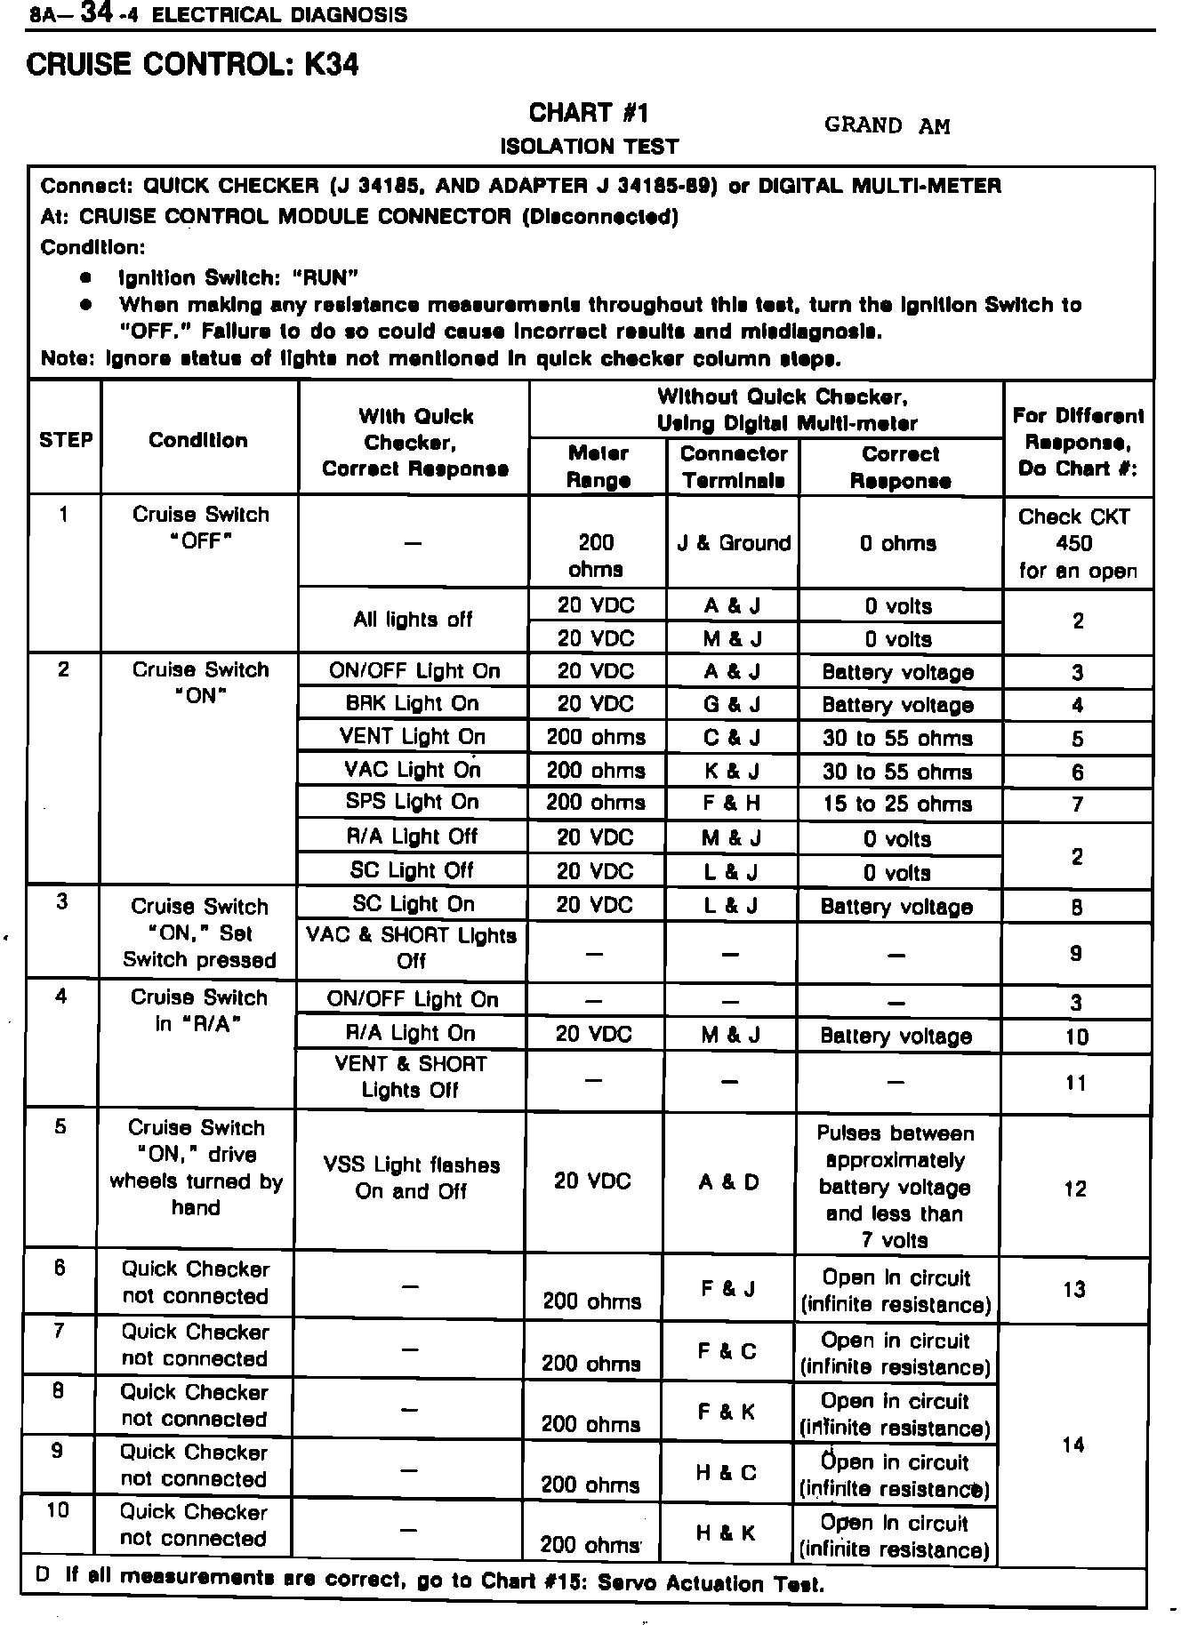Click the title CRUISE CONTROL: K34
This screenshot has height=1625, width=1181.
(193, 65)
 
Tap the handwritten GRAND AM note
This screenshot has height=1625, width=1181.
(887, 125)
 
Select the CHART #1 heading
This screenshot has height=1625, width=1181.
(589, 113)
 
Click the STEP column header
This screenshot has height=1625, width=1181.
(66, 440)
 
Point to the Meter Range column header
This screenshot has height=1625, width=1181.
(599, 467)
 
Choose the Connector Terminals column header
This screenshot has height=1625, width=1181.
(734, 467)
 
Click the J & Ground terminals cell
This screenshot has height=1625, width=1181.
(734, 543)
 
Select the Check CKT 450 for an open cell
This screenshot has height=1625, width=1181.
(1077, 543)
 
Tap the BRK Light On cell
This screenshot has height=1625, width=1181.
(413, 704)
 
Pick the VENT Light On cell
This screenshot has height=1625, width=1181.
(413, 737)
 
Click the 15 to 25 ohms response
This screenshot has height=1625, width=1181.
(897, 804)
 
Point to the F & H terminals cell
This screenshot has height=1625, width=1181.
(732, 804)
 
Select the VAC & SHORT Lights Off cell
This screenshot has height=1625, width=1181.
(411, 949)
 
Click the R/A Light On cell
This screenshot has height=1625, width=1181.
(411, 1034)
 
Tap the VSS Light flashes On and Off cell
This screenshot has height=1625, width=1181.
(411, 1178)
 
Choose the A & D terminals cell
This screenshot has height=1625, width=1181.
(729, 1182)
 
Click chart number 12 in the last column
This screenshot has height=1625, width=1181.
(1075, 1189)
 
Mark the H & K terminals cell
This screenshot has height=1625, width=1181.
(727, 1533)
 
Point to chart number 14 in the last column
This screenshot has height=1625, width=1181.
(1073, 1445)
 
